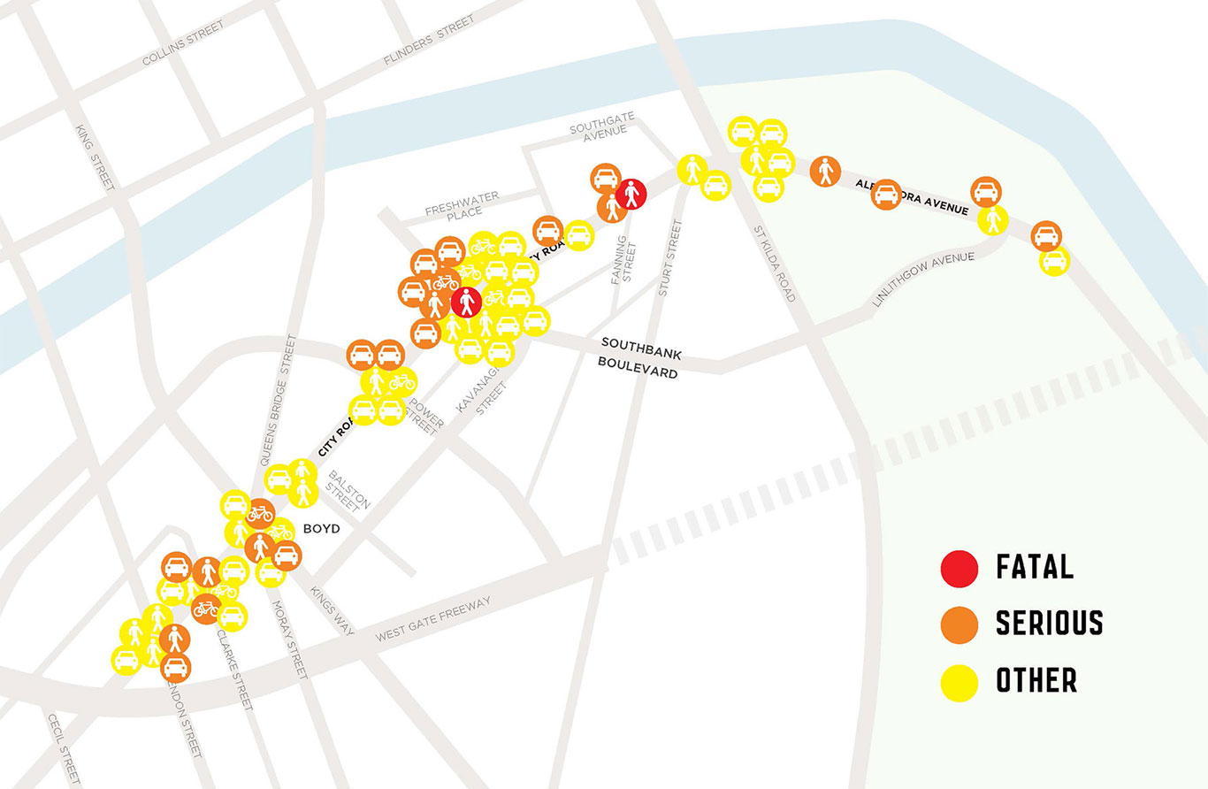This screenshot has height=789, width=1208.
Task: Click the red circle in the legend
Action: pos(960,568)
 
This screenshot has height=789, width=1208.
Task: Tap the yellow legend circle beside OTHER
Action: pos(960,682)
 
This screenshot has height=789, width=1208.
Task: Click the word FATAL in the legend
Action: pos(1035,567)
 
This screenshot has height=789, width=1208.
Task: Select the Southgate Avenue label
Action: pos(598,129)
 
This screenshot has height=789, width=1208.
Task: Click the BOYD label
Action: pos(322,529)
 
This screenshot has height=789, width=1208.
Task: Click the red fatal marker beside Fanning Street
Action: pos(631,192)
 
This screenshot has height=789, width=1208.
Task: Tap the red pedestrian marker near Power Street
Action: pos(466,303)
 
